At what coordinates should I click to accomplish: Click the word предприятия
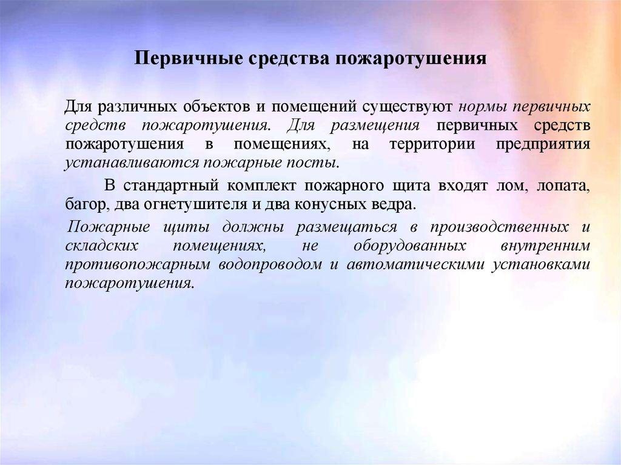[x=542, y=145]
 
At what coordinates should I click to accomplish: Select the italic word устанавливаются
[x=132, y=164]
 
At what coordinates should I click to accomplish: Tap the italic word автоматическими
[x=413, y=265]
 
